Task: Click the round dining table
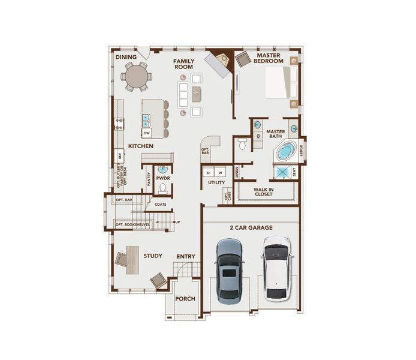(136, 76)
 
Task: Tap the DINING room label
(126, 58)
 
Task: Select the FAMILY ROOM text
(183, 64)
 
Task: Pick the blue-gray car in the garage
(230, 269)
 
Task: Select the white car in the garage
(276, 268)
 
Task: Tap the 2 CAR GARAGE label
(251, 228)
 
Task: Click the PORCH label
(185, 298)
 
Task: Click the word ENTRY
(186, 257)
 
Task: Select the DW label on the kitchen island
(146, 133)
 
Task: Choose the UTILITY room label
(216, 182)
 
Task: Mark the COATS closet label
(160, 205)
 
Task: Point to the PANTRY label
(147, 179)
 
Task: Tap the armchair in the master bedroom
(243, 59)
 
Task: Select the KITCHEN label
(141, 146)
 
